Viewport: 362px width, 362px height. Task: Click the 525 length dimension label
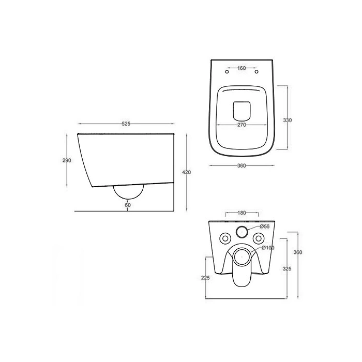pyautogui.click(x=126, y=124)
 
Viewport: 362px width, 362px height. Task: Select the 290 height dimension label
pyautogui.click(x=67, y=160)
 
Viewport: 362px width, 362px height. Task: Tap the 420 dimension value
pyautogui.click(x=187, y=172)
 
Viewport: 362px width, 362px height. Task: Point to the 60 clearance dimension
pyautogui.click(x=128, y=205)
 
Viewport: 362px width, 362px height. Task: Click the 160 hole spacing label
pyautogui.click(x=242, y=68)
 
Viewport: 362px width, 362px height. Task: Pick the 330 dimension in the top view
pyautogui.click(x=288, y=120)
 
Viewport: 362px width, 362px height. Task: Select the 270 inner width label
pyautogui.click(x=242, y=125)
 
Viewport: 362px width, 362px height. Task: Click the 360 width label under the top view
pyautogui.click(x=242, y=165)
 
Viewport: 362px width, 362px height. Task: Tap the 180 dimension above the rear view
pyautogui.click(x=242, y=213)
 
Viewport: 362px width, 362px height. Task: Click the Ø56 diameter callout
pyautogui.click(x=265, y=227)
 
